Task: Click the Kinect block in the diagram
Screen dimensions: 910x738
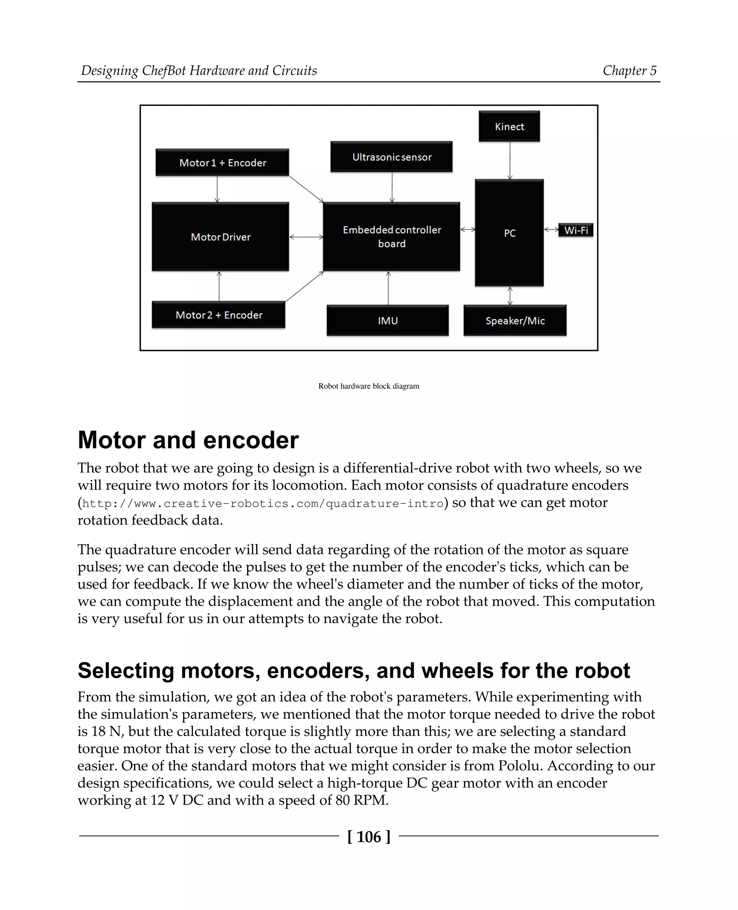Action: click(x=509, y=126)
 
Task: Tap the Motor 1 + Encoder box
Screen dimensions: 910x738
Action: click(x=222, y=162)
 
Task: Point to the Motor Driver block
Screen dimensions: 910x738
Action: click(x=220, y=237)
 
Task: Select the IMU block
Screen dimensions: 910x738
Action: click(x=387, y=321)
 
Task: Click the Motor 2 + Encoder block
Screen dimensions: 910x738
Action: click(x=218, y=315)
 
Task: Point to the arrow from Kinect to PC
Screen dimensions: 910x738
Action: click(x=510, y=160)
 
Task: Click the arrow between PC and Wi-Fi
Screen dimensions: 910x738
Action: click(x=551, y=229)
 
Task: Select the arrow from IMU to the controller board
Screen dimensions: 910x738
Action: click(x=388, y=288)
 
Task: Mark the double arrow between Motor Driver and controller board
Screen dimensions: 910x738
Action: click(x=306, y=237)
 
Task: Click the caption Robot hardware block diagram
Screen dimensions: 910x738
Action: click(x=369, y=386)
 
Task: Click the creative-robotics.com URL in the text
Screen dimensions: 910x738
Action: click(x=263, y=504)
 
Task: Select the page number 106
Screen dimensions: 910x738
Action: click(x=369, y=837)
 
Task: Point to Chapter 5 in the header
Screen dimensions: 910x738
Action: click(x=629, y=70)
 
